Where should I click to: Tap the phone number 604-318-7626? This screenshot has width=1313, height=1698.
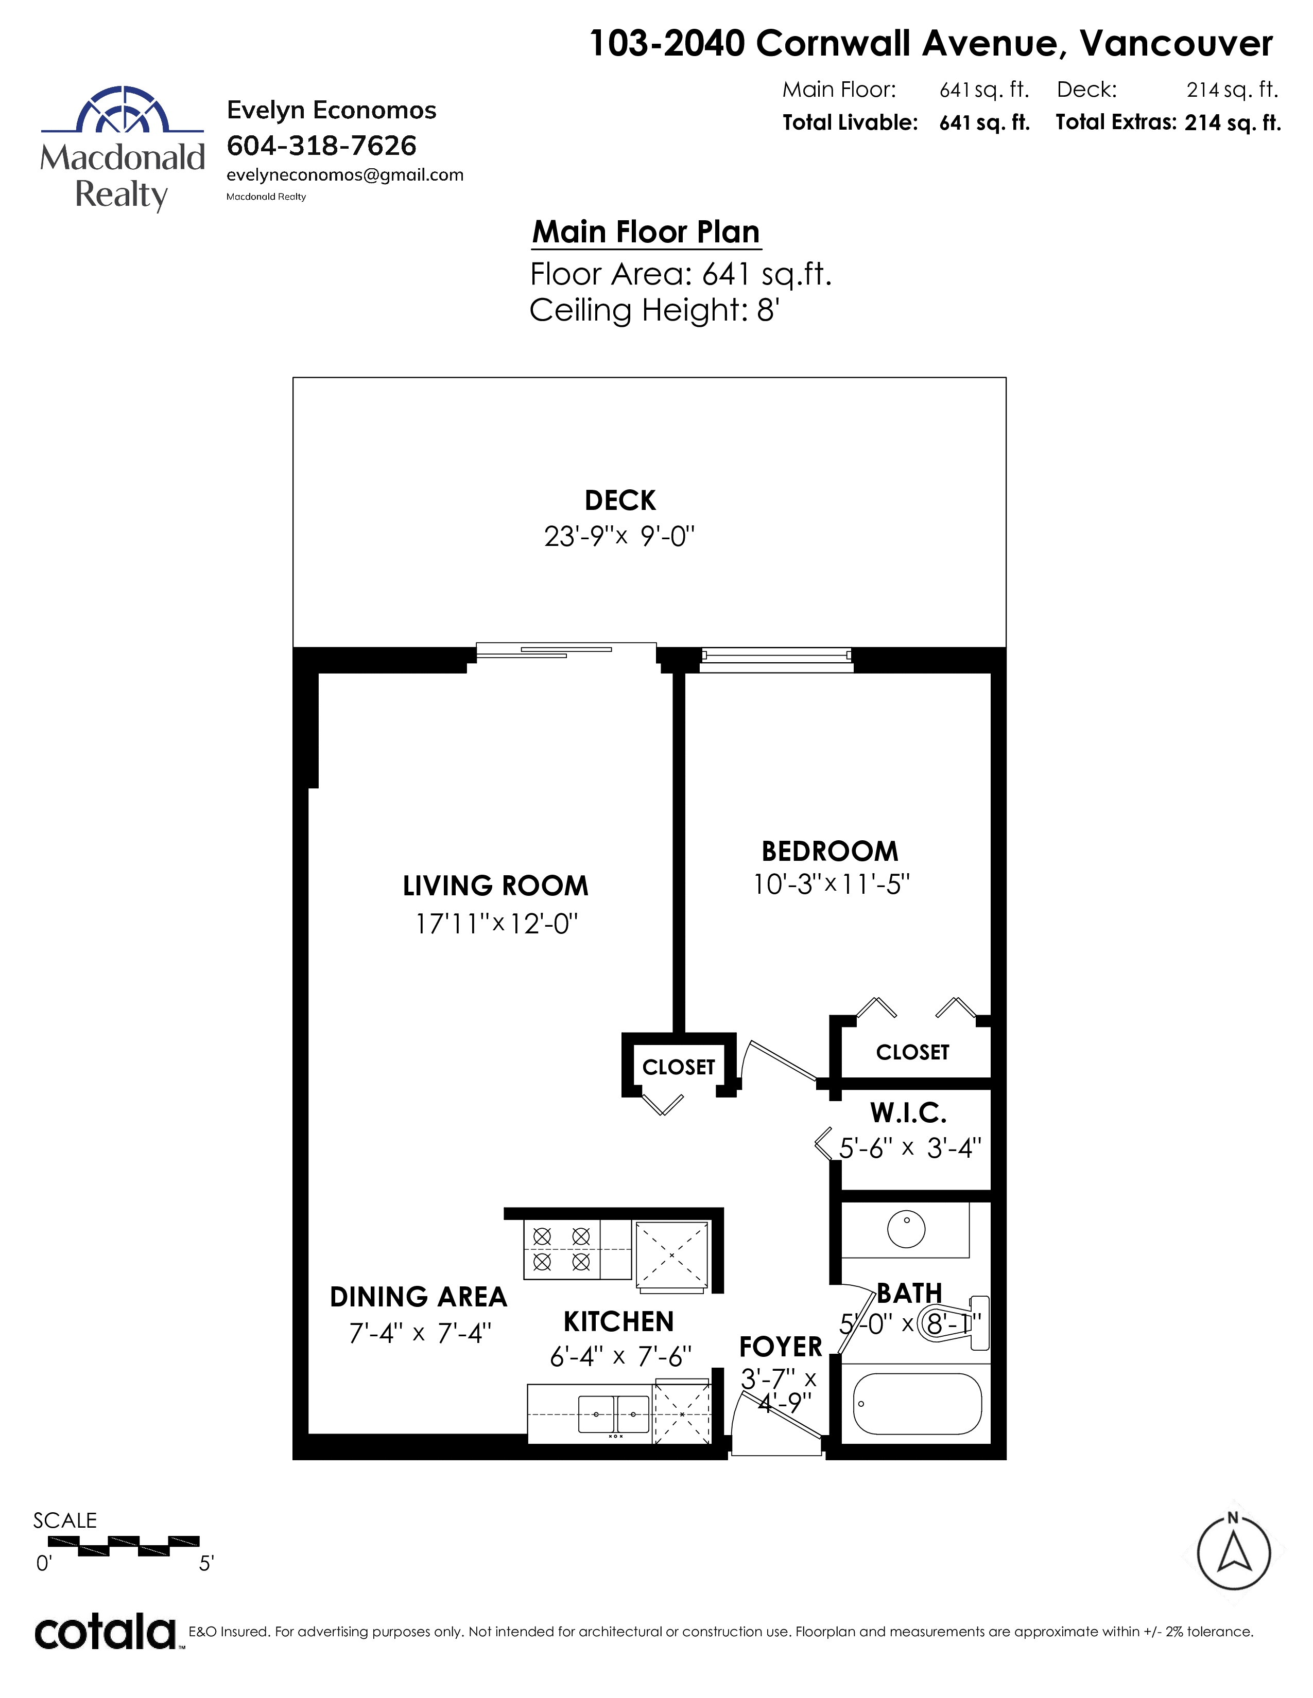pos(321,146)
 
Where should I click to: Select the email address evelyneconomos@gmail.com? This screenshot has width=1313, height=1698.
pos(344,175)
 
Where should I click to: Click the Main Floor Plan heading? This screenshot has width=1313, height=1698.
pos(646,232)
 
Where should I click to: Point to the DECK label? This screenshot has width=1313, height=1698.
pos(620,500)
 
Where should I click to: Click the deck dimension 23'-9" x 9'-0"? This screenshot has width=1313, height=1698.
pos(619,537)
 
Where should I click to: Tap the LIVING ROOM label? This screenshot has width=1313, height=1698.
pos(495,886)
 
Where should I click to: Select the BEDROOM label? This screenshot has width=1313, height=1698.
pos(830,852)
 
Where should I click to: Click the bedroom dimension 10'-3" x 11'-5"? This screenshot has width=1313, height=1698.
pos(832,884)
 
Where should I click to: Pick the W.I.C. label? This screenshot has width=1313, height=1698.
pos(908,1112)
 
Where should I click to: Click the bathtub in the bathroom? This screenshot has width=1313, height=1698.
pos(917,1403)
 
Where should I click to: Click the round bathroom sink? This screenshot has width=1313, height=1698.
pos(906,1229)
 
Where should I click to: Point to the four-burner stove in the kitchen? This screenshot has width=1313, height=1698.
pos(562,1249)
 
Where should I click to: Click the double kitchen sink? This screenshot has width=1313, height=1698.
pos(614,1414)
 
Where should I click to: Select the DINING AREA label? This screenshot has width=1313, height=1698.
pos(419,1297)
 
